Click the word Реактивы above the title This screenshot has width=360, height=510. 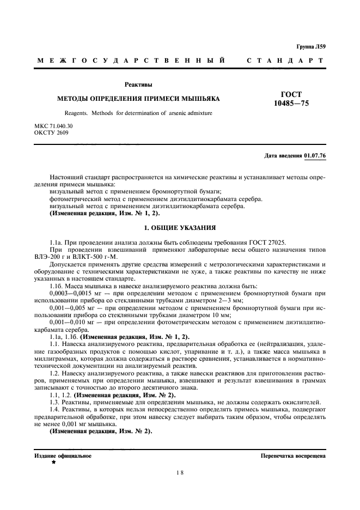tap(138, 84)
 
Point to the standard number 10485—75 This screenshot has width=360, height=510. tap(290, 103)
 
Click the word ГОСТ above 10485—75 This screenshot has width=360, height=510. tap(290, 94)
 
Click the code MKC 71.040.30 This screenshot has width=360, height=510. tap(53, 126)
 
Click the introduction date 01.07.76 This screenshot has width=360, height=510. tap(315, 156)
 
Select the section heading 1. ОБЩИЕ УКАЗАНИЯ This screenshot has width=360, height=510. tap(180, 227)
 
